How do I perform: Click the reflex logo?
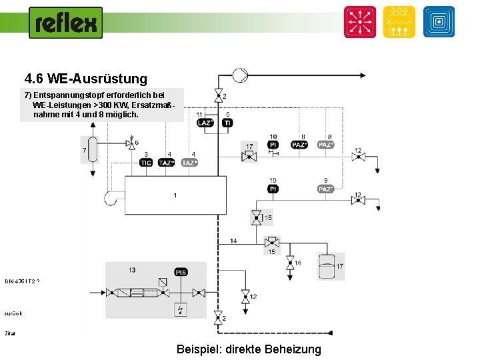pyautogui.click(x=66, y=23)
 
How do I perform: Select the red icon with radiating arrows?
pyautogui.click(x=360, y=22)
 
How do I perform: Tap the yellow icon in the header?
pyautogui.click(x=399, y=22)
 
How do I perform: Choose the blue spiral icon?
pyautogui.click(x=439, y=22)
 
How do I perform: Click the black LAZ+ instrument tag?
pyautogui.click(x=205, y=123)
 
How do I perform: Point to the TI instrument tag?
pyautogui.click(x=227, y=123)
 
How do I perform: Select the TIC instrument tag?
pyautogui.click(x=146, y=163)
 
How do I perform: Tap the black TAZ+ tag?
pyautogui.click(x=167, y=163)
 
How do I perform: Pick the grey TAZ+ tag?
pyautogui.click(x=189, y=163)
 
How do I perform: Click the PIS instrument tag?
pyautogui.click(x=181, y=272)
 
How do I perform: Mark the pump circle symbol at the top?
pyautogui.click(x=239, y=75)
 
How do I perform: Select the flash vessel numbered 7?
pyautogui.click(x=92, y=149)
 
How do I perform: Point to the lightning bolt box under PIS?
pyautogui.click(x=181, y=309)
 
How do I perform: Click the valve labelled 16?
pyautogui.click(x=290, y=264)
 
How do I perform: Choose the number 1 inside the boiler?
pyautogui.click(x=175, y=195)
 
